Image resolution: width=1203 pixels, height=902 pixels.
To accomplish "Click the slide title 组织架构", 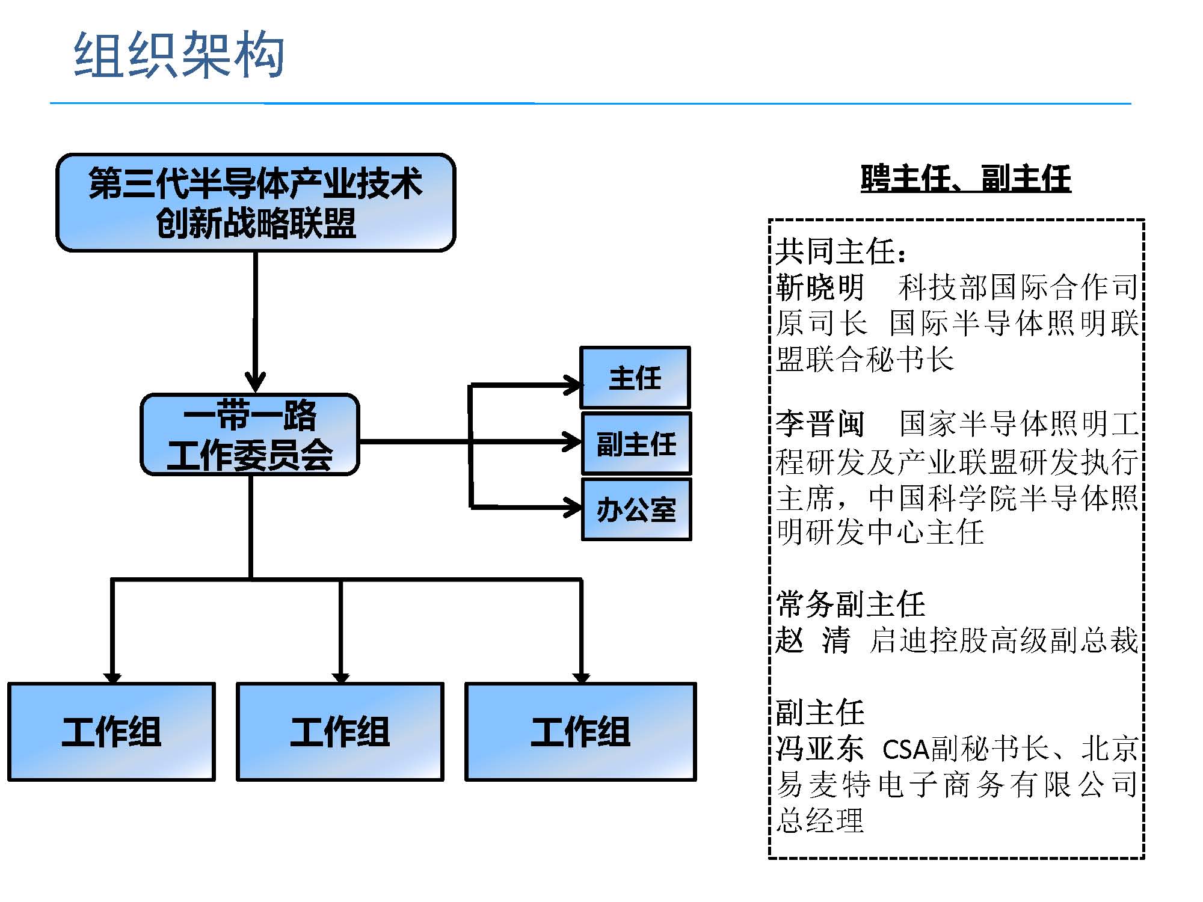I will coord(179,55).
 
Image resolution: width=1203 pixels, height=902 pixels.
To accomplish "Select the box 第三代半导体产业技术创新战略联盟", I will coord(256,203).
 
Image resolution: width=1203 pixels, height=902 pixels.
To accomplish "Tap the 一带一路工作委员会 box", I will coord(250,435).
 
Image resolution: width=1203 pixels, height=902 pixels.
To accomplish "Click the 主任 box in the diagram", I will coord(635,378).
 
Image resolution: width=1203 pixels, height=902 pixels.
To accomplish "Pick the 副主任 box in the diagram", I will coord(636,444).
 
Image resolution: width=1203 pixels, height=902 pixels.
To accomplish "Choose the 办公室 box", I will coord(636,509).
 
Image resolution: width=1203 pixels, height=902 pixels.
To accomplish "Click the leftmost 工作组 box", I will coord(111,732).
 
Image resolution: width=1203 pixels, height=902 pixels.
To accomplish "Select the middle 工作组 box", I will coord(340,732).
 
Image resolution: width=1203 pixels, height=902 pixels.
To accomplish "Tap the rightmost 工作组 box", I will coord(580,732).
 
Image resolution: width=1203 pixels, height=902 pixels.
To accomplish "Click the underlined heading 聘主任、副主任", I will coord(965,179).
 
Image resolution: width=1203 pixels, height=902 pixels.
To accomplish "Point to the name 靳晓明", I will coord(820,287).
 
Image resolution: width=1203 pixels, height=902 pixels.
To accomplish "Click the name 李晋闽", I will coord(820,424).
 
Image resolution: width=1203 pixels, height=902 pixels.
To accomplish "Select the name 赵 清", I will coord(813,640).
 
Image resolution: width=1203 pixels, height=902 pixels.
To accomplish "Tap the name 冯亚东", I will coord(820,749).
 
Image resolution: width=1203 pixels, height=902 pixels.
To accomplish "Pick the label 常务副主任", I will coord(850,604).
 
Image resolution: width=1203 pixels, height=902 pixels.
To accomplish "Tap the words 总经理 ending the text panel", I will coord(820,821).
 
